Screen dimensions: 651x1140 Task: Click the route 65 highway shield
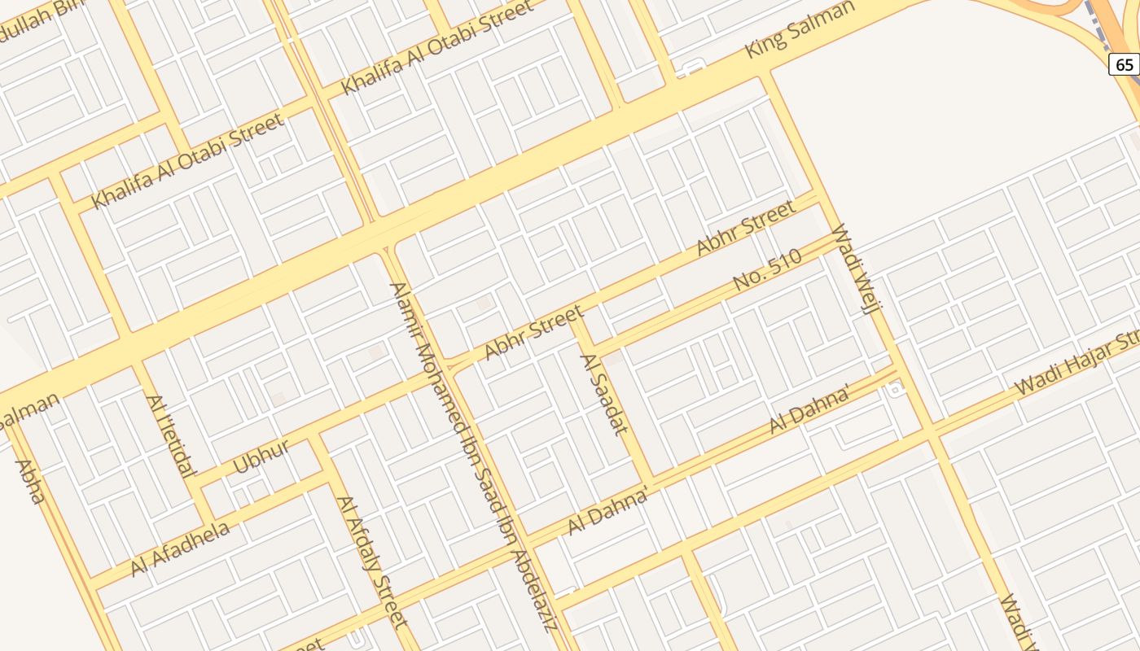(x=1124, y=64)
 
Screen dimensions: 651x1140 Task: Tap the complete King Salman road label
(x=800, y=30)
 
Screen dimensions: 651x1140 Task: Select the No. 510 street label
(x=767, y=271)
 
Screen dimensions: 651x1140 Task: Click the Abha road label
(x=28, y=482)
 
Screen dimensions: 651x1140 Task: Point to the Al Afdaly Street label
(x=371, y=562)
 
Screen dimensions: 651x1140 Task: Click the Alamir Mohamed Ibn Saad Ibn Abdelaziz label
(x=472, y=456)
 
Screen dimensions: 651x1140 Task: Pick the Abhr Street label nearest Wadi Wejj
(x=746, y=228)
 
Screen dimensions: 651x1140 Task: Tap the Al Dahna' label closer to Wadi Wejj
(x=810, y=409)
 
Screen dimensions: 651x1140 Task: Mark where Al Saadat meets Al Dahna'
(x=651, y=481)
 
